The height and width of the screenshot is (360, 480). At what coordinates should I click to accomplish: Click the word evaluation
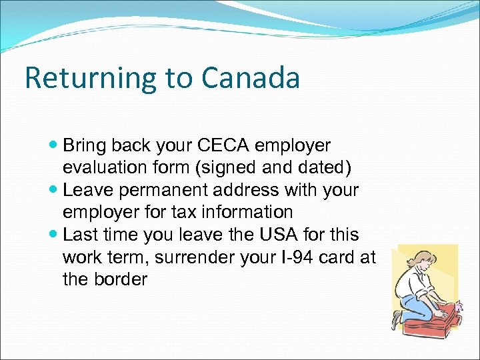point(112,167)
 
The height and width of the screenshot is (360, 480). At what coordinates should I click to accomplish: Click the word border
point(122,279)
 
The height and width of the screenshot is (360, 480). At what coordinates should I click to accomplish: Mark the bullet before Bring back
point(55,145)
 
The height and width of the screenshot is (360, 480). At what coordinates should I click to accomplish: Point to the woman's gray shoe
point(399,319)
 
